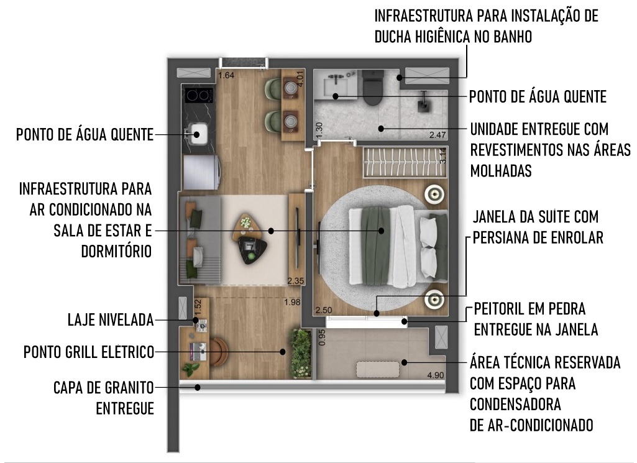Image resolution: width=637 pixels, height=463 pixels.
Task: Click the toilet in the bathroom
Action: click(x=373, y=86)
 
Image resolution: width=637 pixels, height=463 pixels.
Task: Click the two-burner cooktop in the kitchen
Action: click(x=200, y=96)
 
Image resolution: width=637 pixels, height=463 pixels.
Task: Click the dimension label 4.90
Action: click(x=436, y=375)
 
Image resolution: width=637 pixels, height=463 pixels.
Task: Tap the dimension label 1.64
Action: click(x=226, y=75)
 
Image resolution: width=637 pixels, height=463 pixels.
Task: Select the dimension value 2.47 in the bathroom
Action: click(x=438, y=135)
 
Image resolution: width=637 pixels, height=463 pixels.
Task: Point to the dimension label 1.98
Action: click(x=292, y=302)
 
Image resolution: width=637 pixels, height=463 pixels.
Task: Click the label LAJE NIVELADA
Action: click(x=111, y=320)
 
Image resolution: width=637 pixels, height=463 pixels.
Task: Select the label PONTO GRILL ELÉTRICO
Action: click(x=89, y=352)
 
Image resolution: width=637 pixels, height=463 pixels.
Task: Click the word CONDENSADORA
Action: click(x=515, y=405)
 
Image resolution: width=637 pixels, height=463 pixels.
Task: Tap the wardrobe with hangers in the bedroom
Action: click(x=405, y=162)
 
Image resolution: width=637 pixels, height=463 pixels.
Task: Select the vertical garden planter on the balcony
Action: click(x=301, y=354)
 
